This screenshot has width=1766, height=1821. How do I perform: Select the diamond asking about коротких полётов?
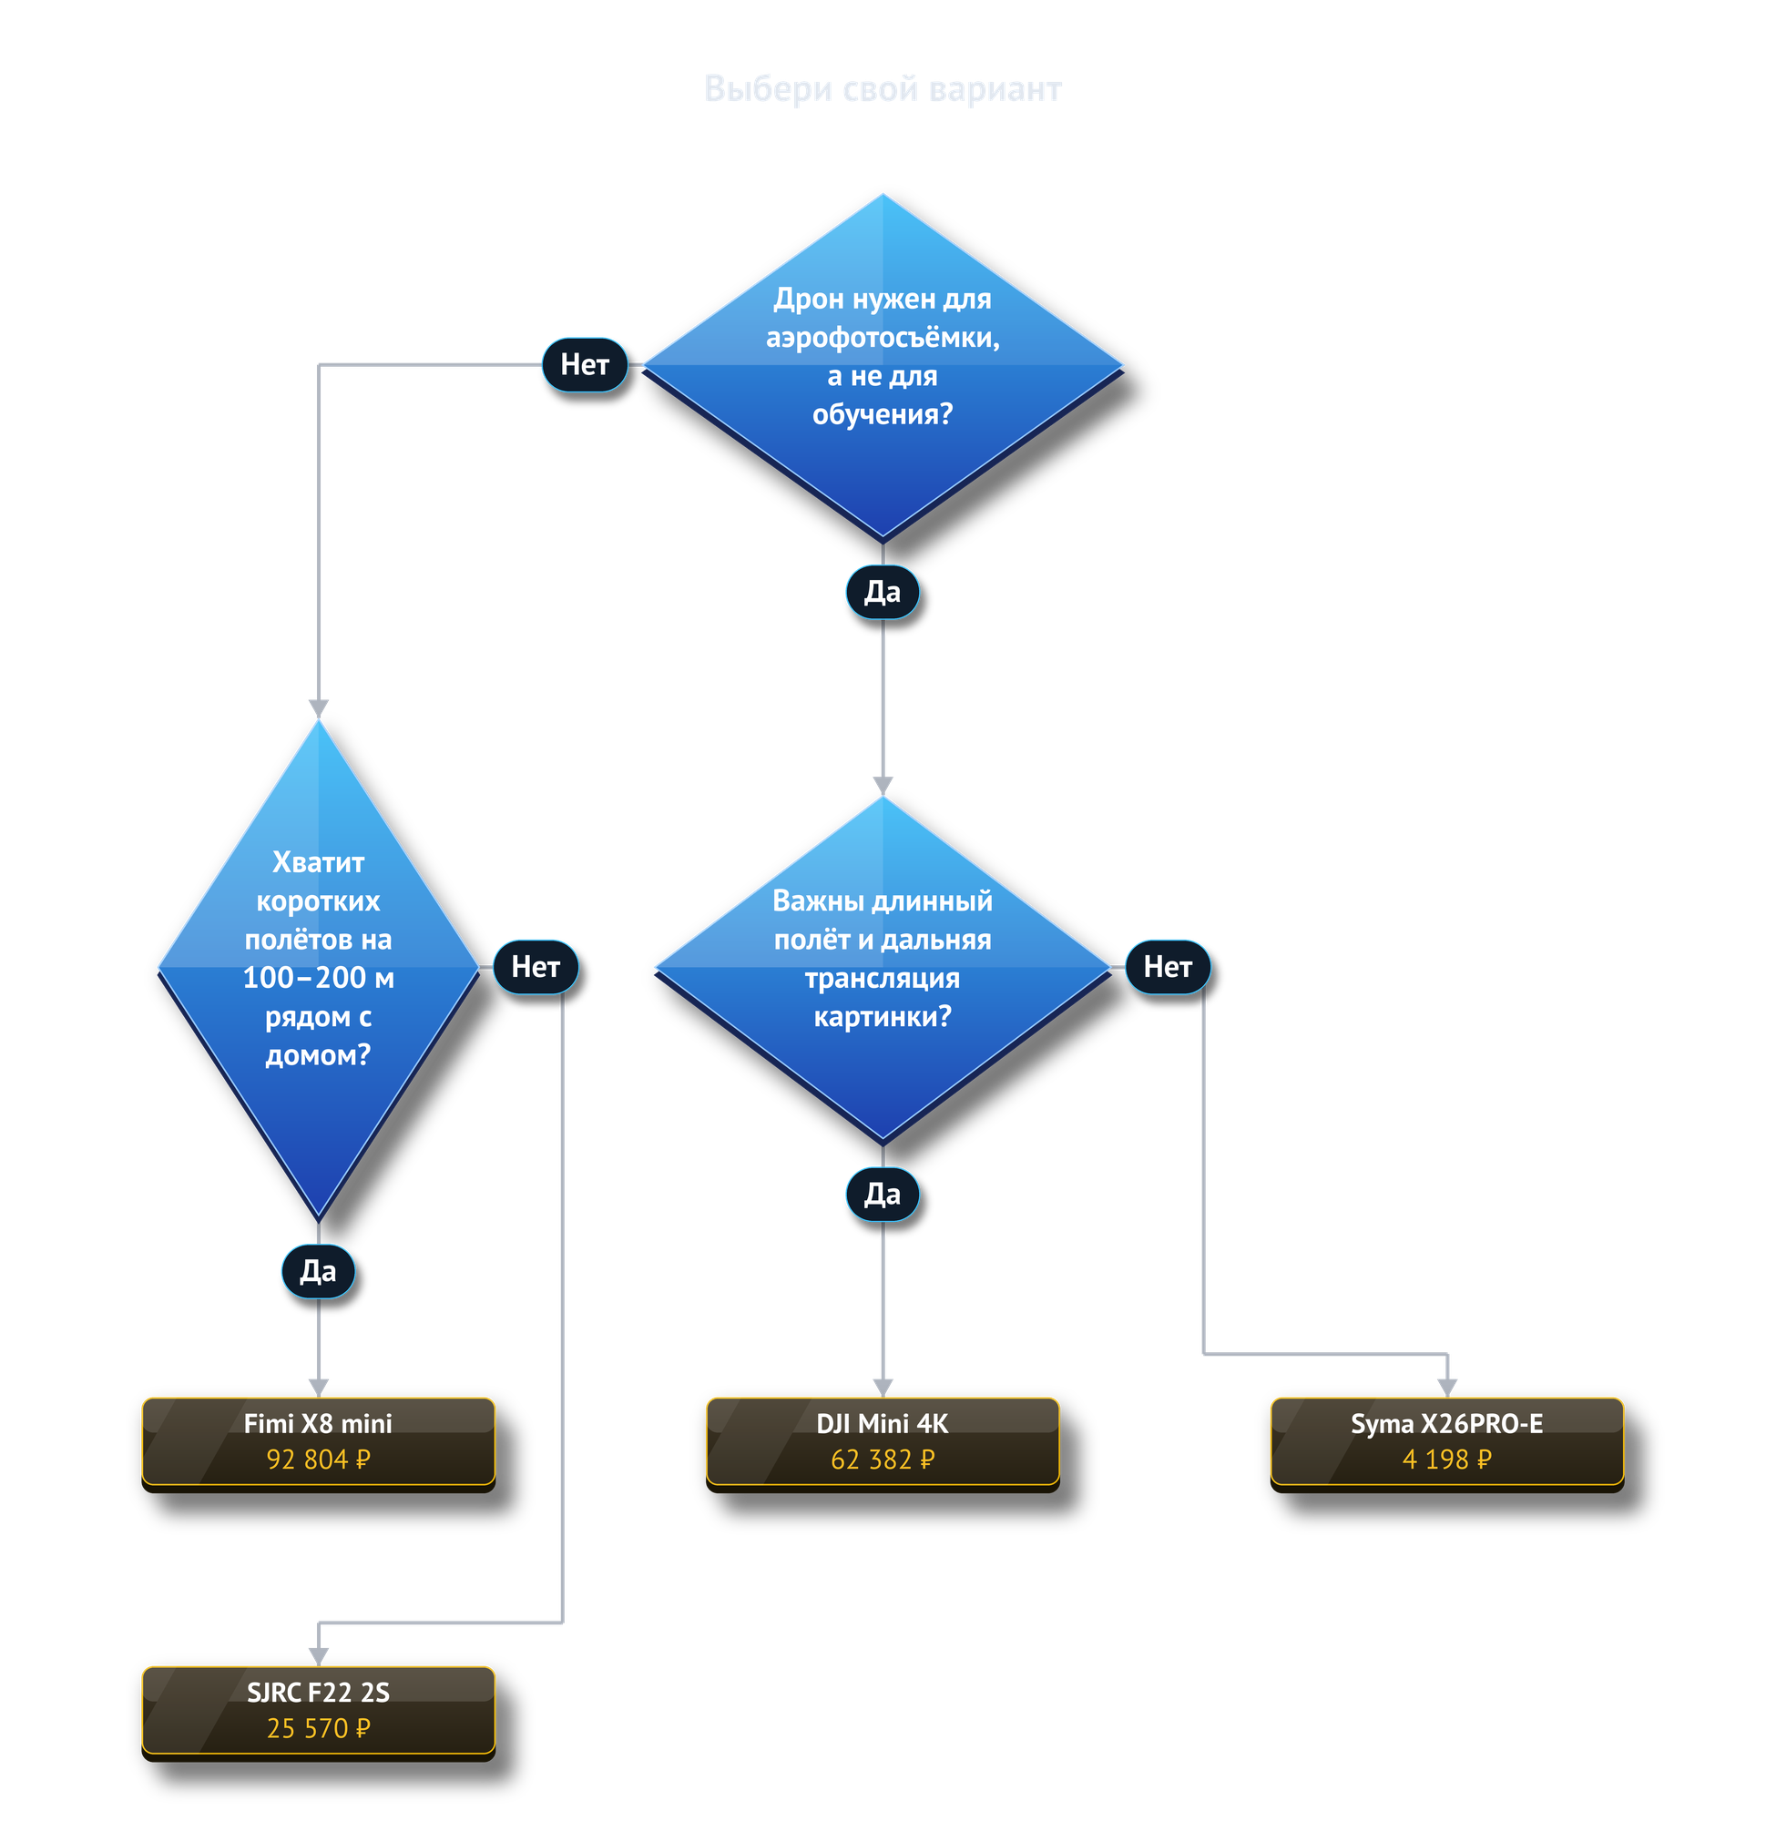point(318,969)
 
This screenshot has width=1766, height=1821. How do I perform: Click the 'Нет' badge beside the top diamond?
point(585,364)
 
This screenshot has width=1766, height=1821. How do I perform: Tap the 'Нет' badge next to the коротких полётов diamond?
point(536,967)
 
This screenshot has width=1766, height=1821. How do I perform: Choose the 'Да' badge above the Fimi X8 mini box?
point(318,1271)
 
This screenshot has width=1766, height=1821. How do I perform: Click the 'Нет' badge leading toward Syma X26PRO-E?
point(1168,967)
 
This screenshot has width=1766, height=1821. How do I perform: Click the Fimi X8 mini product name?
point(318,1423)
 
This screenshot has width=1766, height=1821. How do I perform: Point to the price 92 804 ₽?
point(318,1460)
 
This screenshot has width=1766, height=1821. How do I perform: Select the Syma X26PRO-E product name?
point(1446,1423)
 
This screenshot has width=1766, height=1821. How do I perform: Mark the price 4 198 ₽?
point(1446,1460)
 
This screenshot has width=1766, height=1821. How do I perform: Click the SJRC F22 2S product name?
point(318,1692)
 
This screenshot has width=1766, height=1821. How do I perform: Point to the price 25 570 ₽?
point(318,1728)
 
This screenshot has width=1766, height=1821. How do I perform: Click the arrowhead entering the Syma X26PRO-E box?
point(1447,1388)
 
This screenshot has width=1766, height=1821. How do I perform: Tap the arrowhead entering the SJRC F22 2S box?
point(319,1656)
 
